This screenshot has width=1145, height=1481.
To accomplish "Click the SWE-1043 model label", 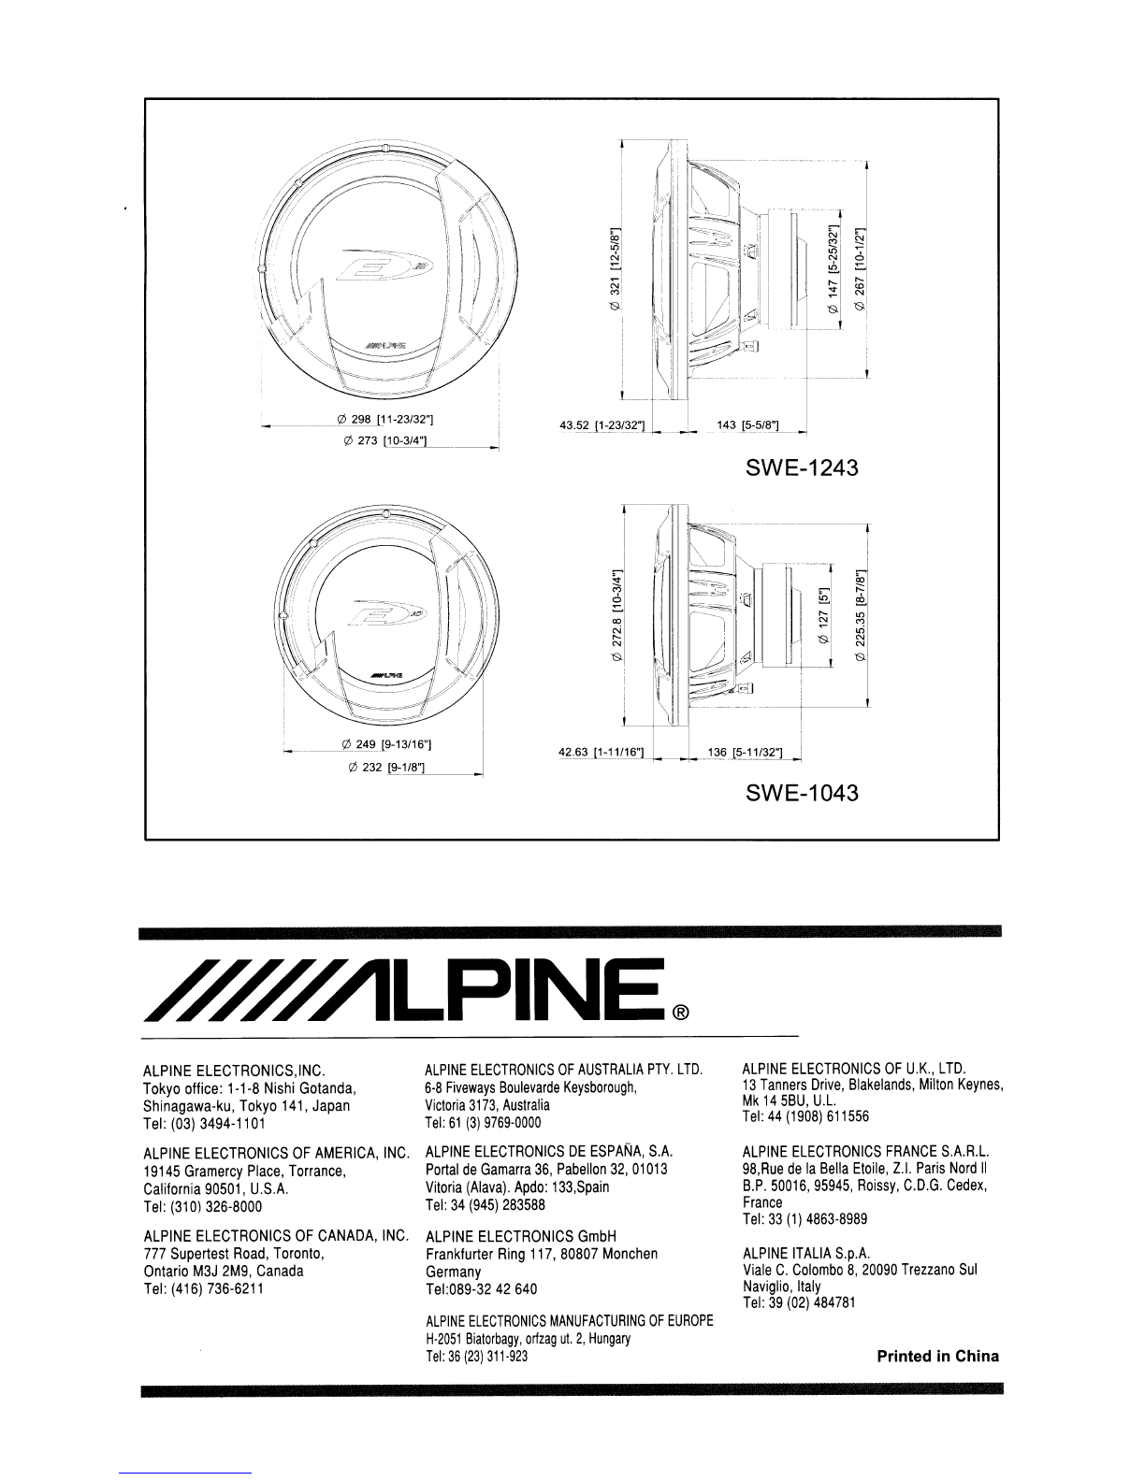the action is [802, 793].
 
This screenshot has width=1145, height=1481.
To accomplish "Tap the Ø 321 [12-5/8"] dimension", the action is [615, 270].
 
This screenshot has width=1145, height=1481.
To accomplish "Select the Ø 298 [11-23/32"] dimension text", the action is [385, 419].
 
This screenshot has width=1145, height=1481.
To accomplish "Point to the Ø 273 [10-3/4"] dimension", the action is [385, 441].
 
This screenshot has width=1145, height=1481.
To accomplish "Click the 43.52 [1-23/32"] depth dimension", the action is [601, 425].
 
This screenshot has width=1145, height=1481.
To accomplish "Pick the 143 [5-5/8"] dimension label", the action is [747, 425].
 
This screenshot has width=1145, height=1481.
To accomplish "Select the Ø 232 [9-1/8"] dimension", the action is [386, 768].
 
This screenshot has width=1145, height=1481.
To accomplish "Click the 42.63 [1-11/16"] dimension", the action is [601, 753].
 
